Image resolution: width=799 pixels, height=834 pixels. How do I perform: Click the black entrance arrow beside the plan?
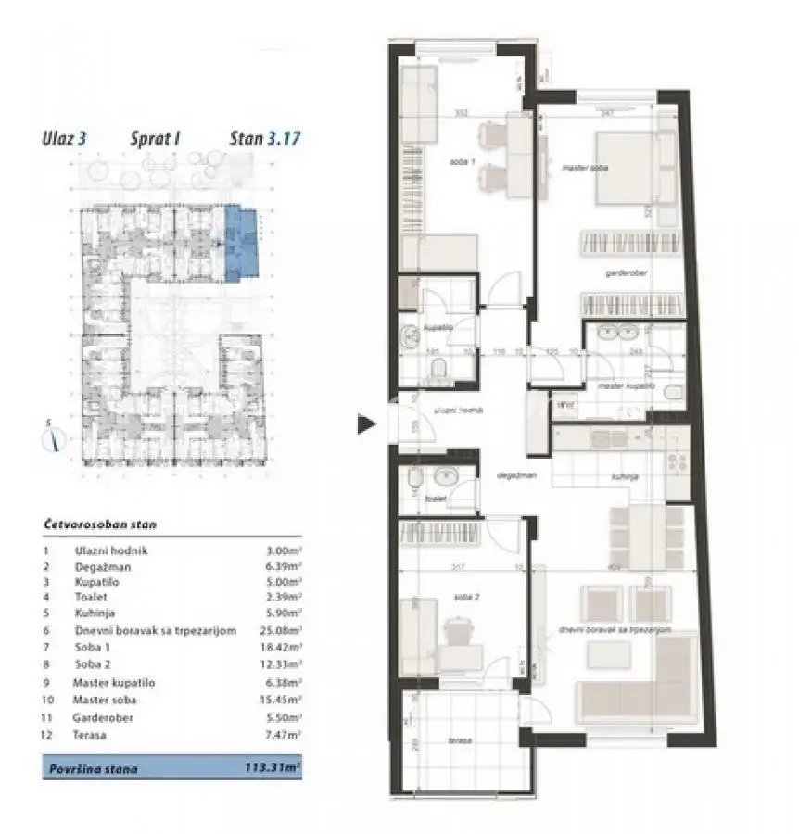[x=367, y=424]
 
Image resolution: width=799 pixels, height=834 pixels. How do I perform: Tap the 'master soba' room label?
[x=582, y=168]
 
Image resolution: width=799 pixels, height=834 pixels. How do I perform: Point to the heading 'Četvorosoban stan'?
[x=99, y=524]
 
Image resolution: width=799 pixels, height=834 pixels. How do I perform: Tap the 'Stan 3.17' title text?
[x=265, y=139]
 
